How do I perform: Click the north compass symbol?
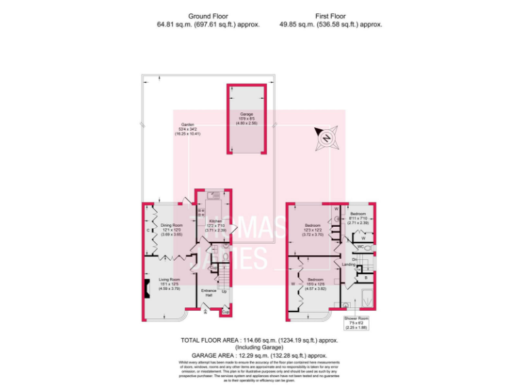click(326, 138)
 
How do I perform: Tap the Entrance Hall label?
click(210, 292)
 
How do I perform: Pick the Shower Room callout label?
click(355, 320)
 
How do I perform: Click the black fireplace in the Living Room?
click(145, 288)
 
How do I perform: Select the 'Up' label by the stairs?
click(224, 292)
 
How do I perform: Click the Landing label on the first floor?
click(349, 264)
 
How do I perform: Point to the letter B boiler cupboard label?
click(365, 277)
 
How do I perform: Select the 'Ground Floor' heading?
click(189, 16)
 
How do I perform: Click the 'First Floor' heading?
click(330, 16)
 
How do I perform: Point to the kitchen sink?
click(213, 195)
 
